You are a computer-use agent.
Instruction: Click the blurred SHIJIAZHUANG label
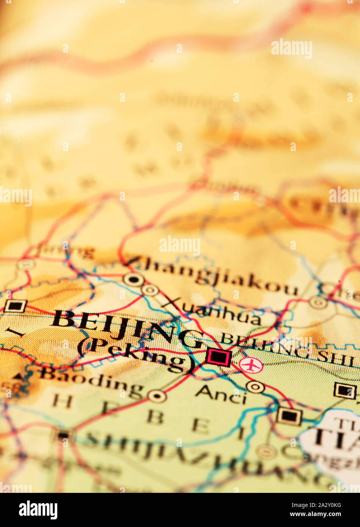pyautogui.click(x=212, y=459)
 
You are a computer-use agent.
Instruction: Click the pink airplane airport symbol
pyautogui.click(x=251, y=365)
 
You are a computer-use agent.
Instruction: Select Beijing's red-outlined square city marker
pyautogui.click(x=219, y=357)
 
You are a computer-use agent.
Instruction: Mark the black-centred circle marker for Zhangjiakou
pyautogui.click(x=134, y=280)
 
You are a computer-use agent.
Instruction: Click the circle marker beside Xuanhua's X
pyautogui.click(x=150, y=290)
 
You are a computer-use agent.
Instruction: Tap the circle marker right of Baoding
pyautogui.click(x=157, y=396)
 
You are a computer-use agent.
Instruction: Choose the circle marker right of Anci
pyautogui.click(x=255, y=387)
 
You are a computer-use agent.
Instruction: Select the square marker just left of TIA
pyautogui.click(x=289, y=416)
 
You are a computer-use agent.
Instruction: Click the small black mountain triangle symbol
pyautogui.click(x=17, y=376)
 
